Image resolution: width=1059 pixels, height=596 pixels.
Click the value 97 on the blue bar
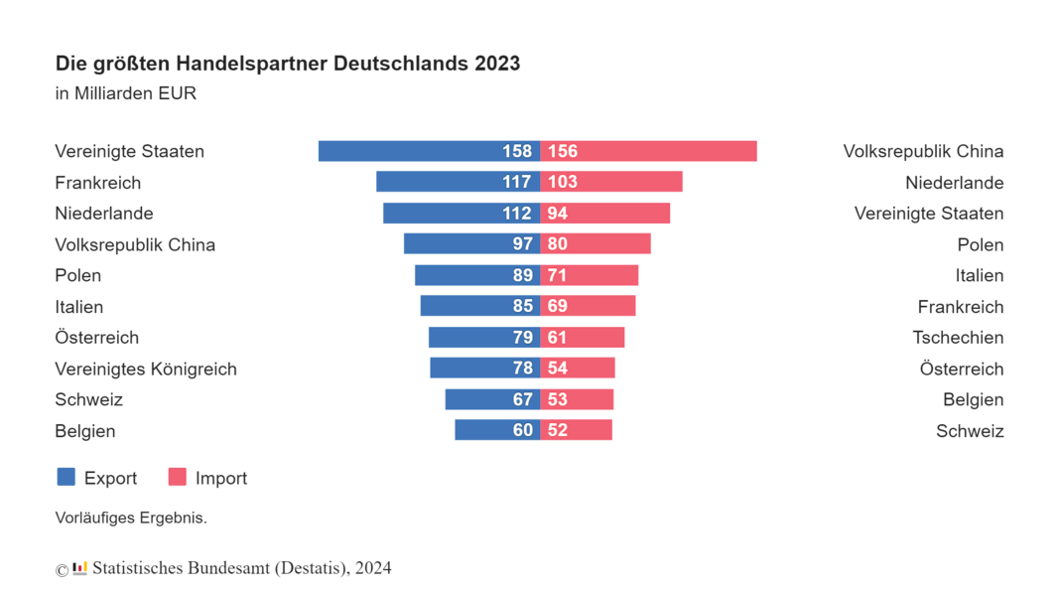tap(522, 244)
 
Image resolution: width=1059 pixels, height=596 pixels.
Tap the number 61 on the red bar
tap(558, 338)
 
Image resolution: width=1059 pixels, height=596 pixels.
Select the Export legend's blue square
tap(66, 477)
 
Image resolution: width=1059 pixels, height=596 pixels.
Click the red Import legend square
tap(178, 477)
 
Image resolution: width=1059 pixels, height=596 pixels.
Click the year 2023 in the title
tap(497, 64)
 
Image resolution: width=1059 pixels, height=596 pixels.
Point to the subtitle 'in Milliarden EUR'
tap(126, 94)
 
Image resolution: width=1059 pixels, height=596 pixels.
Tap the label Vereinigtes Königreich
tap(146, 369)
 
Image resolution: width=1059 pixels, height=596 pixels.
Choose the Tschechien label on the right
tap(958, 338)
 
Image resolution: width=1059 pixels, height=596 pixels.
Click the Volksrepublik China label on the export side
tap(135, 244)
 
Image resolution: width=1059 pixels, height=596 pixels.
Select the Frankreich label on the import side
tap(960, 307)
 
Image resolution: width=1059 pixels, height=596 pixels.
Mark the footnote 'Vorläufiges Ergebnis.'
tap(131, 518)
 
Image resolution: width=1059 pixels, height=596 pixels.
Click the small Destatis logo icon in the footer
tap(80, 568)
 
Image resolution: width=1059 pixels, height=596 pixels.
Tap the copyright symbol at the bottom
tap(62, 570)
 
